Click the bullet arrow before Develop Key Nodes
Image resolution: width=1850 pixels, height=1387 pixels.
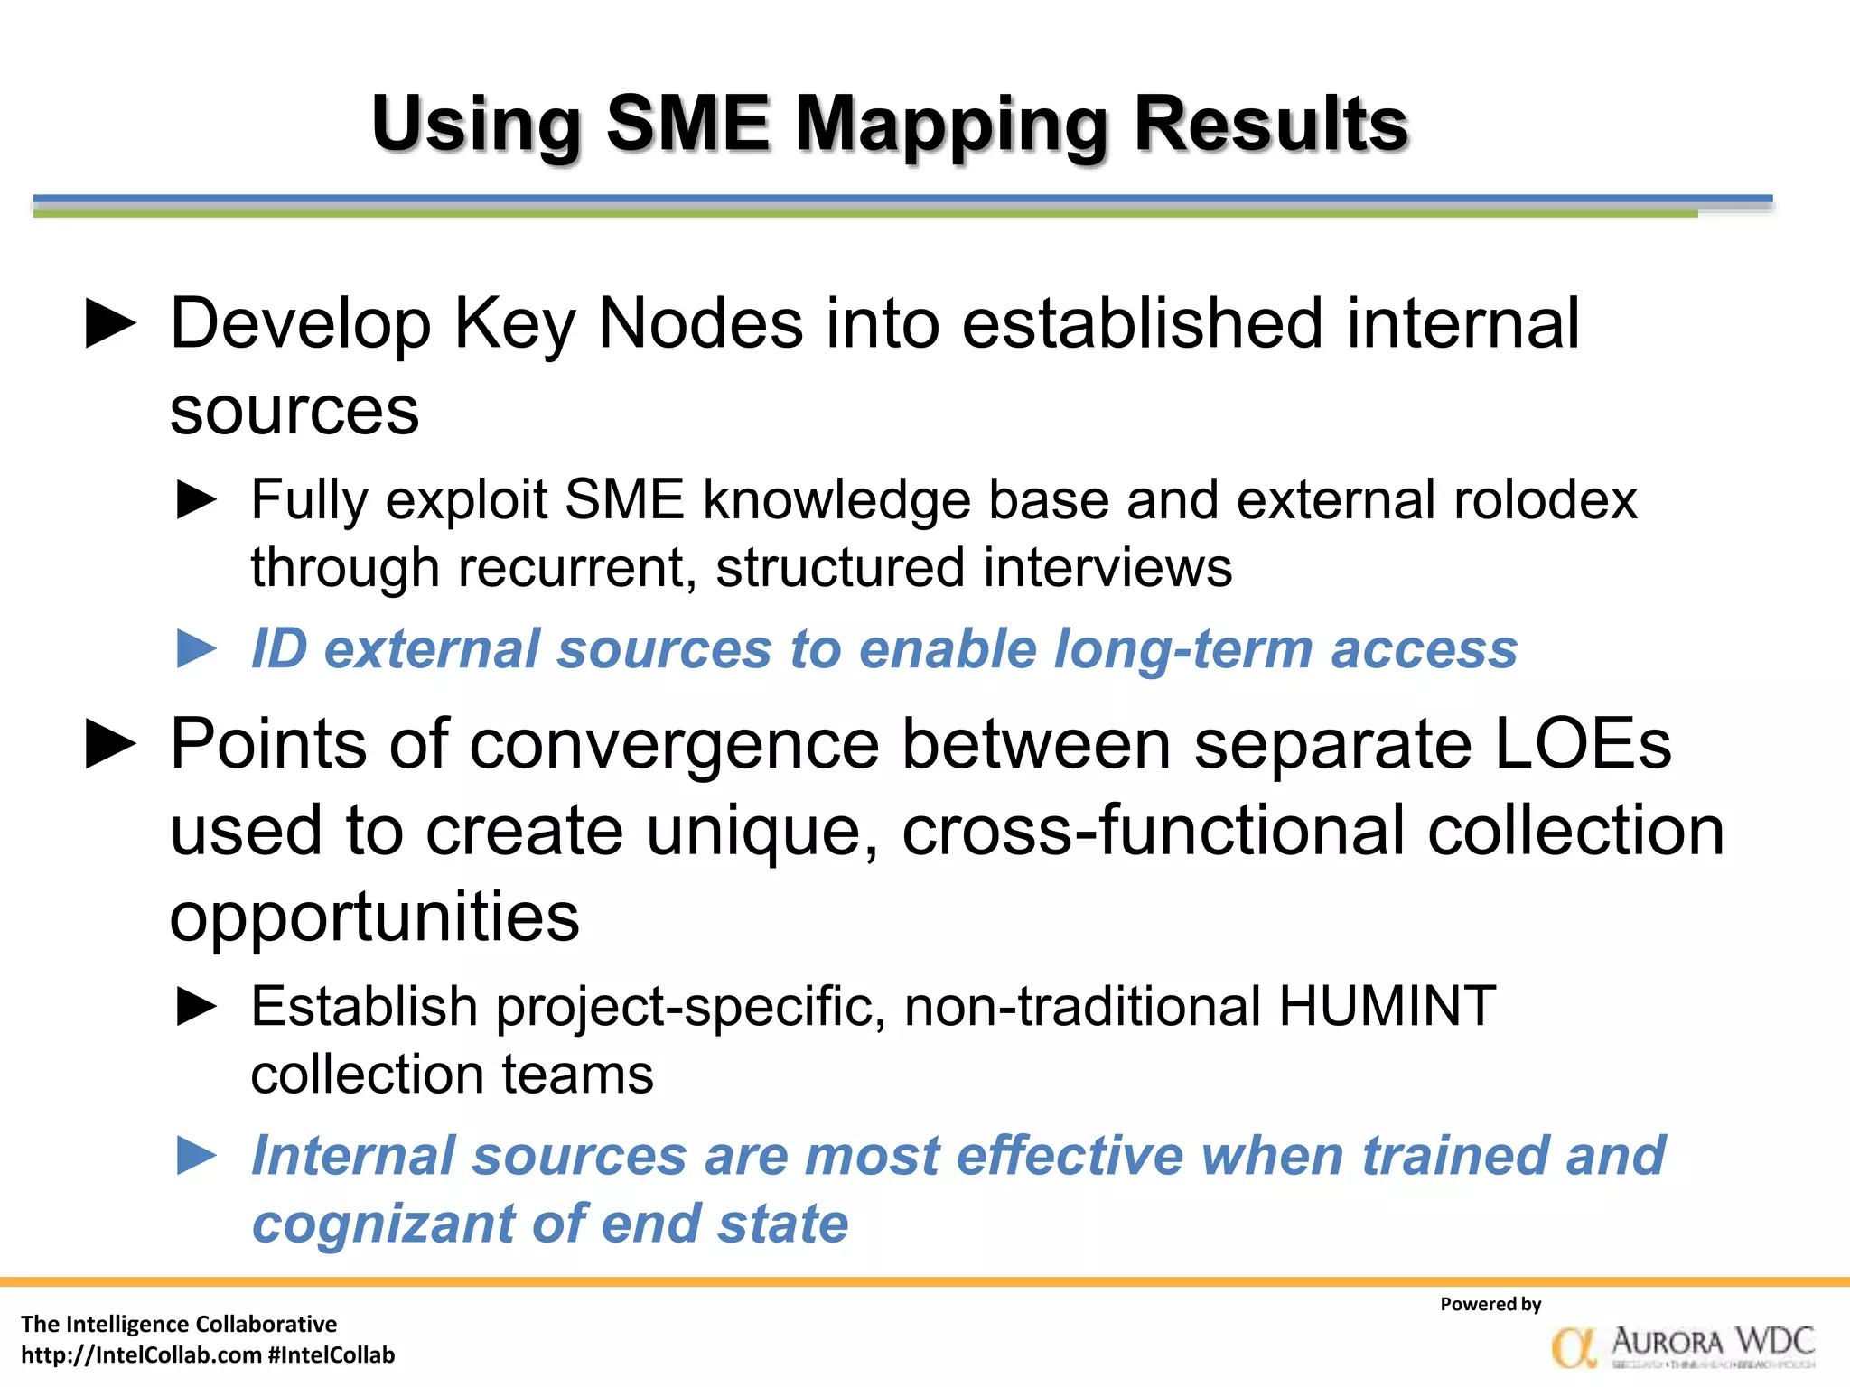point(110,324)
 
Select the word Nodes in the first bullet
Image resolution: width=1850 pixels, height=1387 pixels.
point(700,324)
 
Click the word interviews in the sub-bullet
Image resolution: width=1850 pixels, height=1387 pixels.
point(1107,568)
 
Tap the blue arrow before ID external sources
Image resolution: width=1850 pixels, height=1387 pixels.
point(197,648)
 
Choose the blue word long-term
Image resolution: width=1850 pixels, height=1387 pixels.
point(1183,648)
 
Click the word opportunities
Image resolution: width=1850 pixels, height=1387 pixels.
point(374,917)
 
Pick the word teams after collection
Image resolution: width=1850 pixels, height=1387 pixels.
point(577,1075)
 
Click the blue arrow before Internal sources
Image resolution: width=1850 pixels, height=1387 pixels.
point(197,1156)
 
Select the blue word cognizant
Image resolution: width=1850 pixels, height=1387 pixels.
point(382,1224)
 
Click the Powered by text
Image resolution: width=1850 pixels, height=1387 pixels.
point(1490,1304)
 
